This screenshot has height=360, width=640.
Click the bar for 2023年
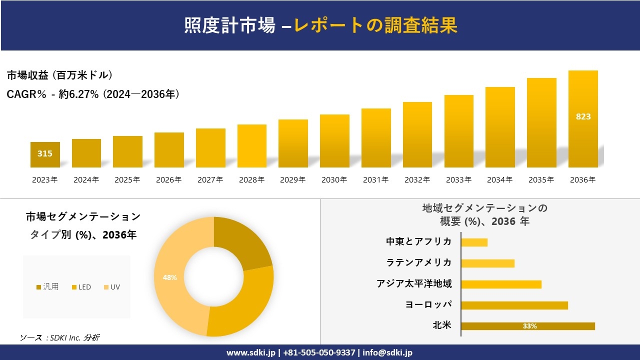[45, 154]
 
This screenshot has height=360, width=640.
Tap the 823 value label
[583, 116]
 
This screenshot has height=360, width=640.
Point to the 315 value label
[45, 153]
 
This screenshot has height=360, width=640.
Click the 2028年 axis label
[251, 180]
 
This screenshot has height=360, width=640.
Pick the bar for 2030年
[334, 141]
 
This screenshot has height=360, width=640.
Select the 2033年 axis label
[458, 180]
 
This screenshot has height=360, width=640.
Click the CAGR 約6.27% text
[93, 94]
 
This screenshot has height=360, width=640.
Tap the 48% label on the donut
[169, 277]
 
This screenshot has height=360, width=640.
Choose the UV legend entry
[112, 287]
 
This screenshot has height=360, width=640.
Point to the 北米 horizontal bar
[528, 326]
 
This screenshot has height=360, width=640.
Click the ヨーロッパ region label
[428, 304]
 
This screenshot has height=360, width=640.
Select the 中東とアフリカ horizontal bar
[474, 242]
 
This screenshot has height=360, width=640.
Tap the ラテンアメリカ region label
[418, 262]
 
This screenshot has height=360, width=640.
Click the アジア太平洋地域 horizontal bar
[501, 284]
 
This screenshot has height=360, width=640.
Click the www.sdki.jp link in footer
[250, 352]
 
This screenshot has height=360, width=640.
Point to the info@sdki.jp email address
[387, 352]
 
